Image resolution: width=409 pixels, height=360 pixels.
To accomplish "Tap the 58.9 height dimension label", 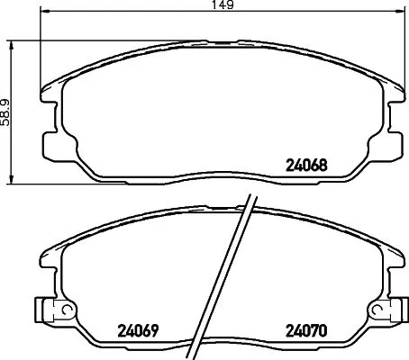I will click(7, 112).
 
